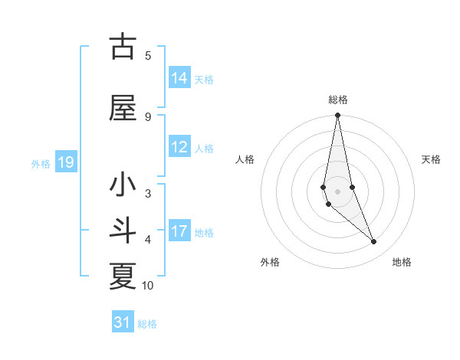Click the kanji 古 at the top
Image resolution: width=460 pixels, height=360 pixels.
(123, 47)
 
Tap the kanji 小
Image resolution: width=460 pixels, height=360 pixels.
(123, 185)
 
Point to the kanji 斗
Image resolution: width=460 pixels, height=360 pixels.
(123, 231)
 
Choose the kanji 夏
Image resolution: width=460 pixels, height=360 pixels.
(123, 277)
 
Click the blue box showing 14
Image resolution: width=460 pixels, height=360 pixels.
(179, 78)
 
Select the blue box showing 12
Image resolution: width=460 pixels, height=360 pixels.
(179, 147)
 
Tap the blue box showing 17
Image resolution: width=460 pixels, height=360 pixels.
(179, 231)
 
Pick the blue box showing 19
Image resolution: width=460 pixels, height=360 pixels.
(65, 162)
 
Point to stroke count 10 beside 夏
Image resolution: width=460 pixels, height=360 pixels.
(148, 286)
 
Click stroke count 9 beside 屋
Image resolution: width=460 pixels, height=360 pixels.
(148, 116)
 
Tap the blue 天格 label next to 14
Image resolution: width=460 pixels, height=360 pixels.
(204, 79)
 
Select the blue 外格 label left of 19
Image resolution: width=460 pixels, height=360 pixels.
(41, 163)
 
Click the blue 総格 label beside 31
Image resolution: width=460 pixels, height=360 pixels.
(147, 323)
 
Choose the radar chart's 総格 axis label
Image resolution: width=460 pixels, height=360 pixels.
(338, 100)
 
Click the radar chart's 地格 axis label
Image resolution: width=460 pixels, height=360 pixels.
(402, 262)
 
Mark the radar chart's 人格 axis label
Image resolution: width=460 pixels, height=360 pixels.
(245, 159)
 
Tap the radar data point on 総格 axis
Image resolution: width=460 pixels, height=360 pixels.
(337, 116)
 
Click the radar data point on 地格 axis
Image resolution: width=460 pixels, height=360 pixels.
(374, 242)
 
